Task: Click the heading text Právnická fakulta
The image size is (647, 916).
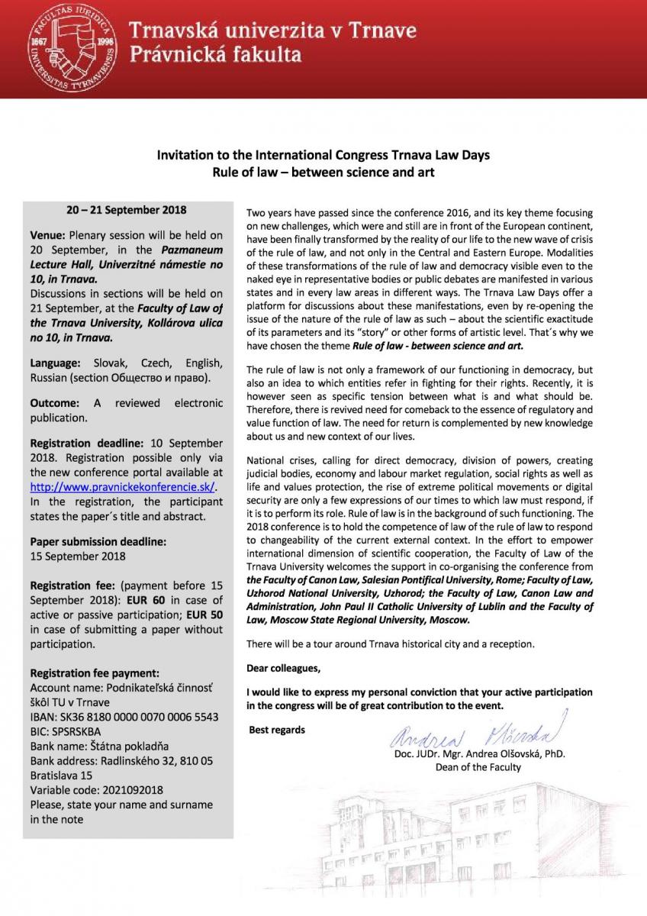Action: point(215,55)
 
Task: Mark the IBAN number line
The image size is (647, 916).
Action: point(124,717)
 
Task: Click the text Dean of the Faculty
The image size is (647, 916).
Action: point(478,767)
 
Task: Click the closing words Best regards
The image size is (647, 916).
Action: point(277,729)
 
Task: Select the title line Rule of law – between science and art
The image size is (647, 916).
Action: point(323,172)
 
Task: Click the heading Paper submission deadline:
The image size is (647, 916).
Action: point(97,541)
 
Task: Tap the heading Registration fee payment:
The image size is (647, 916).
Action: point(94,672)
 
